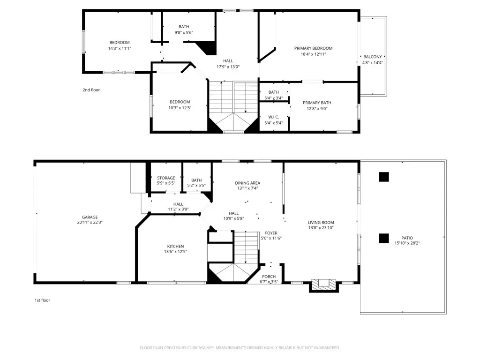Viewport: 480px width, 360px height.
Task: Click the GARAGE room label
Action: (90, 217)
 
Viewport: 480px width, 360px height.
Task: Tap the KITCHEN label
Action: (175, 247)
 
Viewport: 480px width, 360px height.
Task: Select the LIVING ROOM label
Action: (321, 222)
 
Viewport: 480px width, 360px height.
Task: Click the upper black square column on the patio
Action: (384, 177)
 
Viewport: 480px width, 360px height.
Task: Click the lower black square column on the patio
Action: (384, 238)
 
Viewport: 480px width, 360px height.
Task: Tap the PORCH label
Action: (269, 277)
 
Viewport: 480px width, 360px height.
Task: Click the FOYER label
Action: (271, 233)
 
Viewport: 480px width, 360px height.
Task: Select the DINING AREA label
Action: (247, 183)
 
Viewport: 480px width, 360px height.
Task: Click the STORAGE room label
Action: (166, 178)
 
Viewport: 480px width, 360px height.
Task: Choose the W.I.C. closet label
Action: (274, 117)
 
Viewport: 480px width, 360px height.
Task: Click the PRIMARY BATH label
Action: (317, 103)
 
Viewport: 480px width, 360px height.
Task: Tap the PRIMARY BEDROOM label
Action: (313, 48)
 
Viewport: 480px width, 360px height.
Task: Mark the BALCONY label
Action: (373, 57)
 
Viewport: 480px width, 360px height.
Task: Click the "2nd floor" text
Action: (91, 90)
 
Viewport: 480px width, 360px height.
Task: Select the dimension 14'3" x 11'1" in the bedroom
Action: (120, 48)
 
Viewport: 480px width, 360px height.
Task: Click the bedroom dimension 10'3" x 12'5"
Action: (180, 108)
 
